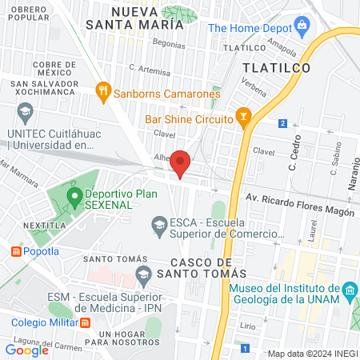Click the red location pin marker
pos(181,162)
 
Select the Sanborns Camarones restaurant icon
pos(102,92)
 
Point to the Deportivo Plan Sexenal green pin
pos(74,195)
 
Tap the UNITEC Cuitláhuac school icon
pos(25,111)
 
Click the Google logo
pos(26,350)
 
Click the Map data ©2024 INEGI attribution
pos(313,354)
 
